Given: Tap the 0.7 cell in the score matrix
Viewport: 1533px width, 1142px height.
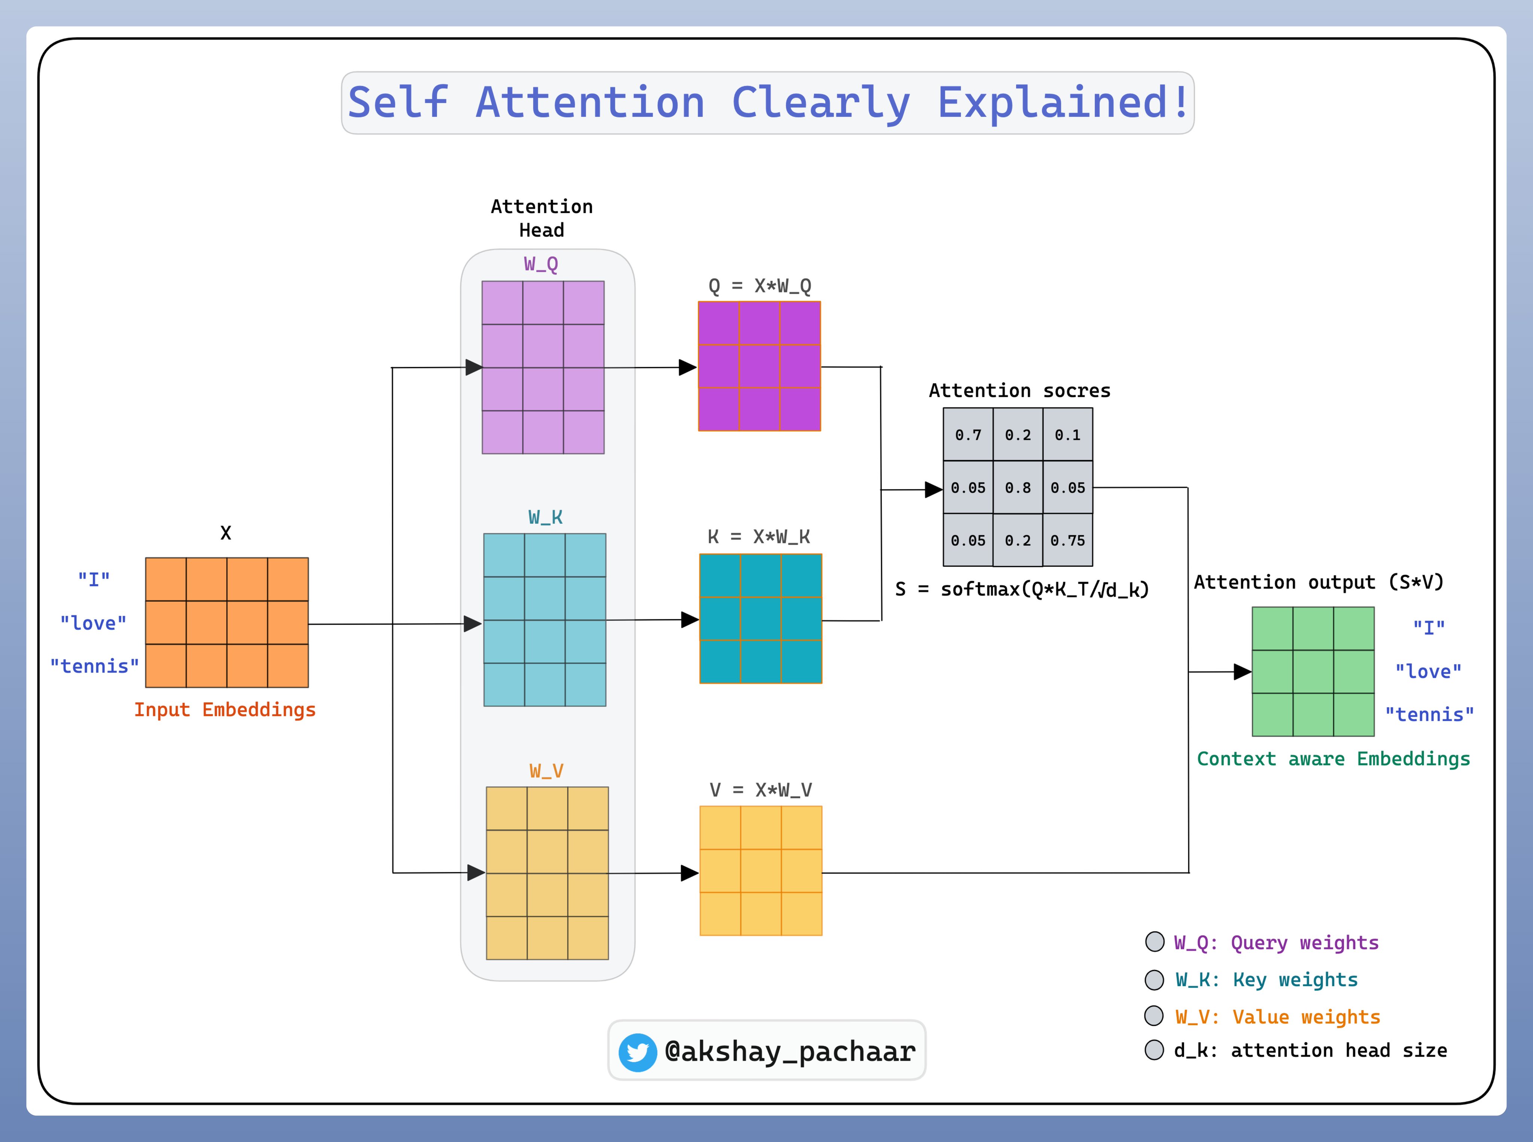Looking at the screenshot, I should click(968, 435).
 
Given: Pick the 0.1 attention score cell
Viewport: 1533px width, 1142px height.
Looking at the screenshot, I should click(1067, 435).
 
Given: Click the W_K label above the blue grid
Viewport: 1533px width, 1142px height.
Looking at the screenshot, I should click(545, 517).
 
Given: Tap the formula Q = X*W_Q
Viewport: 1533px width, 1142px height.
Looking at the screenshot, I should click(759, 285).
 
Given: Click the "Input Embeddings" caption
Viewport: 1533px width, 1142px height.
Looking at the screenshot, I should click(225, 710).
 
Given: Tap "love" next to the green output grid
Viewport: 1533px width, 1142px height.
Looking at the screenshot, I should click(1428, 671).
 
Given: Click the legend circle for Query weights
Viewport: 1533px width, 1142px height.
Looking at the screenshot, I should click(1154, 942).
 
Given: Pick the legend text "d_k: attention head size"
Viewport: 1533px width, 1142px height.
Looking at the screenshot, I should click(1310, 1051).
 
